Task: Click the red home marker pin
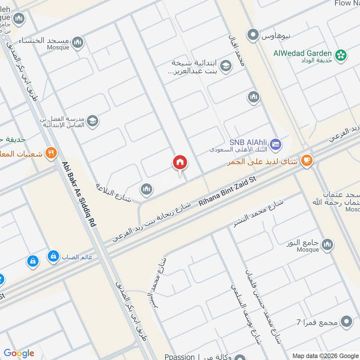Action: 180,163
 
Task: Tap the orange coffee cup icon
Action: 307,161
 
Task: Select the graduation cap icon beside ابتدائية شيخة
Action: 226,66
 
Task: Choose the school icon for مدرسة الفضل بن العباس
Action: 93,121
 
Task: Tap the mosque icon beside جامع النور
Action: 328,244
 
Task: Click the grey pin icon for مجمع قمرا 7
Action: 346,322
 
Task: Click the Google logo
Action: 19,353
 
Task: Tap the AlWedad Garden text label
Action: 302,53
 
